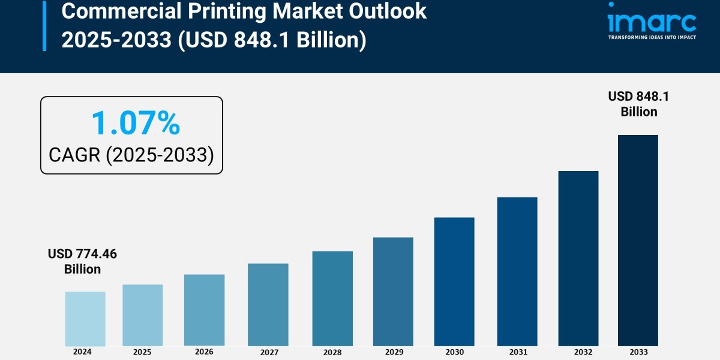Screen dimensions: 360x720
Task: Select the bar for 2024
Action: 85,319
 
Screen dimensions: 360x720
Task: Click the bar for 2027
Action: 268,305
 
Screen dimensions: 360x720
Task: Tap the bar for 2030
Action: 454,281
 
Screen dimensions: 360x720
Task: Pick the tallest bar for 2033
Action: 638,240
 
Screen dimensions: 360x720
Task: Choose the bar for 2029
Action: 393,292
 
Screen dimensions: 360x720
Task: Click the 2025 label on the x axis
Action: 142,352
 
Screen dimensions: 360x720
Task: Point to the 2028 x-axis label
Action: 332,352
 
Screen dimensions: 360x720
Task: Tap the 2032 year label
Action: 578,352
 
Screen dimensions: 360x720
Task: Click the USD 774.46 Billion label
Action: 82,262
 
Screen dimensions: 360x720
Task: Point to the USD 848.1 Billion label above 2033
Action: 638,104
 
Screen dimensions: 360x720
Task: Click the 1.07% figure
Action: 135,123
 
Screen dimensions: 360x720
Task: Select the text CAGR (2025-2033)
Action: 131,155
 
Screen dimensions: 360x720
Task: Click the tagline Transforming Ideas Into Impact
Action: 652,37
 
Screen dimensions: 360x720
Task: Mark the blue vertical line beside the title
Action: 44,25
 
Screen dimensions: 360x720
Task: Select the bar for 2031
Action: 517,271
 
